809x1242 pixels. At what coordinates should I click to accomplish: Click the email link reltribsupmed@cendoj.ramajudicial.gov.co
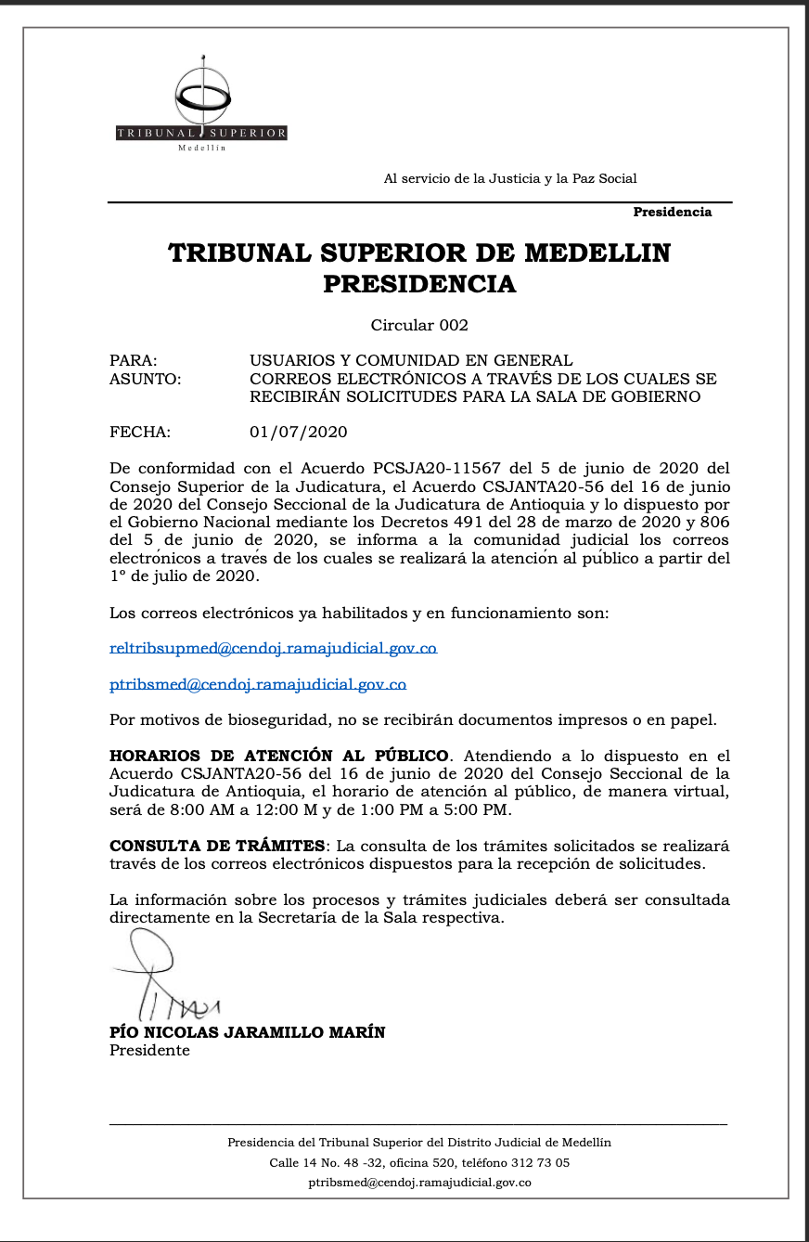273,649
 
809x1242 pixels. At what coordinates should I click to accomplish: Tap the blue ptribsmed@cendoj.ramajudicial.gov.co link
258,685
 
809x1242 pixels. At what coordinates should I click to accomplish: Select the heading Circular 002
419,325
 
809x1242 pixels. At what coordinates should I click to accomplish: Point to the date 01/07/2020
299,432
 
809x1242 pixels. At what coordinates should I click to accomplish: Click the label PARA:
134,360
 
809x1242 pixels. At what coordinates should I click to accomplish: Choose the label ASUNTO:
146,379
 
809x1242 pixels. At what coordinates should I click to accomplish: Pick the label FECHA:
140,432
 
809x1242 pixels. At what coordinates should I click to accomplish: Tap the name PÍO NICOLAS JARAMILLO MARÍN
247,1032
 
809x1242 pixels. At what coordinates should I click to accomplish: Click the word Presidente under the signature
149,1051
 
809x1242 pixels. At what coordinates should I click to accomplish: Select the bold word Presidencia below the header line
672,213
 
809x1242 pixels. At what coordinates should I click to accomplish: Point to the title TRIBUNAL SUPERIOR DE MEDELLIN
419,253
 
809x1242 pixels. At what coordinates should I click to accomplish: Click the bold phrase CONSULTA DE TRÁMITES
218,846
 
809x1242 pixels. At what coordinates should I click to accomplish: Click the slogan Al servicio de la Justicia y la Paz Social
510,178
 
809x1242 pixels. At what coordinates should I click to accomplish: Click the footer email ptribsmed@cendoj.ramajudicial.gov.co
419,1183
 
